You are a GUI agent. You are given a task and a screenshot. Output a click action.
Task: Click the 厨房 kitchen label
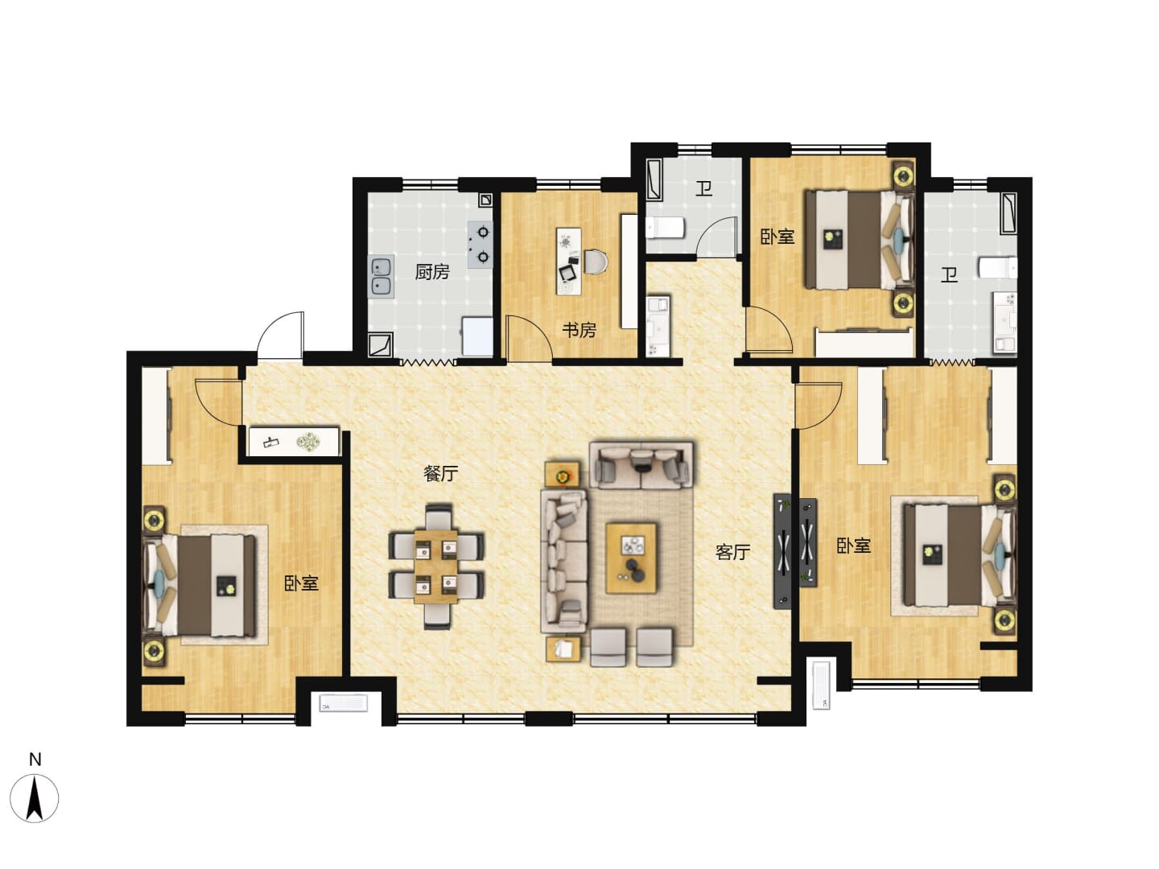431,272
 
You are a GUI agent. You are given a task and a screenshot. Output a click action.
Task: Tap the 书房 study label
579,330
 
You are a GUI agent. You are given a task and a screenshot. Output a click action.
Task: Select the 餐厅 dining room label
440,473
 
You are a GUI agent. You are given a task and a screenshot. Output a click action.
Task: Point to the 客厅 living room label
732,553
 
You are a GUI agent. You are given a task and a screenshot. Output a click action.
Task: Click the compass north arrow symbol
35,798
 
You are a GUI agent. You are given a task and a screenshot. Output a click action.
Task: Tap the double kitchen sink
382,277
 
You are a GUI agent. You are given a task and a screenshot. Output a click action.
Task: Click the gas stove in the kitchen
480,245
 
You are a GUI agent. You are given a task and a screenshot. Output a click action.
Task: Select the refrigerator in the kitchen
477,336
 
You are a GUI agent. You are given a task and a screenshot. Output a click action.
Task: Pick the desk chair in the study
596,262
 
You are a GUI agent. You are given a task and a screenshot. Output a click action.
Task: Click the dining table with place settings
435,566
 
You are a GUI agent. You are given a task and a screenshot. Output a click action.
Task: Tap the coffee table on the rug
631,558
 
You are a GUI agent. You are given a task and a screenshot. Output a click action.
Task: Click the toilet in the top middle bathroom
666,229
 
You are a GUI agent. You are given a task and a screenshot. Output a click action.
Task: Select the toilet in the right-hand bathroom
997,267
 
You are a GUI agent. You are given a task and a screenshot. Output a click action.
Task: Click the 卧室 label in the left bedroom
301,583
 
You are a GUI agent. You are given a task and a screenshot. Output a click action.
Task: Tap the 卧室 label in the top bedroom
777,237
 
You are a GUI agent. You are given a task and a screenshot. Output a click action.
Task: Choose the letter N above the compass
35,760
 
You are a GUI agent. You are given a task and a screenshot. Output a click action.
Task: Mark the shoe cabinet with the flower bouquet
294,441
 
